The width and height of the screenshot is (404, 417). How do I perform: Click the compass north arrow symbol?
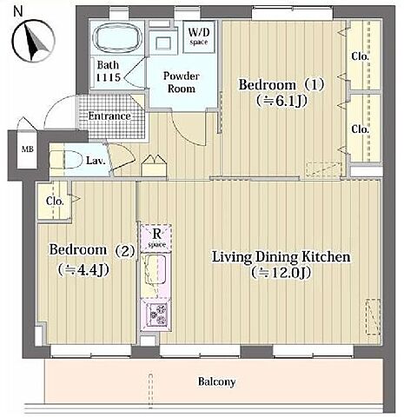(34, 41)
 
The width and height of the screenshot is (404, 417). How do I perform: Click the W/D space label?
(199, 36)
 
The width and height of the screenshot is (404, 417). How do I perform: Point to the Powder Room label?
(182, 83)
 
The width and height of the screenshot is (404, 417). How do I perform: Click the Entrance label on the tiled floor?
(109, 116)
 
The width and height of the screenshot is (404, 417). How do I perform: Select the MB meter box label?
(28, 149)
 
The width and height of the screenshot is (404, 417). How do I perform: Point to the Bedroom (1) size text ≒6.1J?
(281, 101)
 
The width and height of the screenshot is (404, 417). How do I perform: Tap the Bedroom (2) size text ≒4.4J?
(83, 270)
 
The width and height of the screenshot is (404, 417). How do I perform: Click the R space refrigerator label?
(156, 238)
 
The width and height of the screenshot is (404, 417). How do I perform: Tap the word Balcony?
(216, 381)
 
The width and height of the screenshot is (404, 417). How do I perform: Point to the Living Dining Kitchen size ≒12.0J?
(281, 273)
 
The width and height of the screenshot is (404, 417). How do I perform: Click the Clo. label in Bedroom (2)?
(55, 201)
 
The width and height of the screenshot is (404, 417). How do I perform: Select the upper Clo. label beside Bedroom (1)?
(360, 56)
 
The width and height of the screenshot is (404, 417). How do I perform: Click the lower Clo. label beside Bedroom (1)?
(360, 129)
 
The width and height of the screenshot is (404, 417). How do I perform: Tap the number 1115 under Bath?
(108, 77)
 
